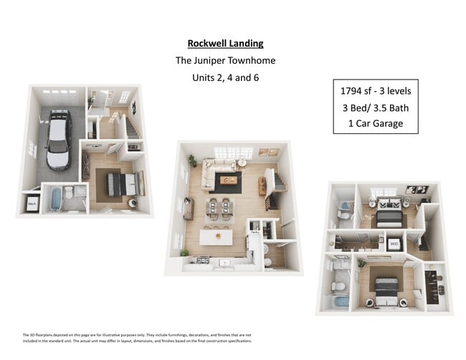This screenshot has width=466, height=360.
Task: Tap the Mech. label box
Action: coord(32,204)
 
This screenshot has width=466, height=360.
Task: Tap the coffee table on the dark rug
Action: coord(227,179)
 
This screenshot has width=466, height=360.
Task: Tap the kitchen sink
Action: coord(224,262)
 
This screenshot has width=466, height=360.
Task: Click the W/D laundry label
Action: coord(394,245)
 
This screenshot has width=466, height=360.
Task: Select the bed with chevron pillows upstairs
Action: coord(389,212)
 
